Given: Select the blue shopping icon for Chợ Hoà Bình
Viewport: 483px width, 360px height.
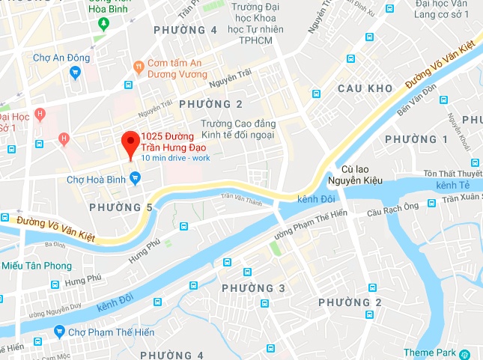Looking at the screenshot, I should (135, 178).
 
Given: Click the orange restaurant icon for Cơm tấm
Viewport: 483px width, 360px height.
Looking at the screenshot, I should (138, 67).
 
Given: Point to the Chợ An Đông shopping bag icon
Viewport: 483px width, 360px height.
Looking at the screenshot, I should (74, 73).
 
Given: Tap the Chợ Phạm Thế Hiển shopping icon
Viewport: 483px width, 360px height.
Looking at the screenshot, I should (59, 332).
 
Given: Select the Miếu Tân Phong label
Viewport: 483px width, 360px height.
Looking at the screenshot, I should (37, 266).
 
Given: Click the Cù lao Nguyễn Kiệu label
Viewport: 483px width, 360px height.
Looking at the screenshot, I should (362, 174).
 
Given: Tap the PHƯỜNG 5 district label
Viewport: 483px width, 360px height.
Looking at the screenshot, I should (121, 207).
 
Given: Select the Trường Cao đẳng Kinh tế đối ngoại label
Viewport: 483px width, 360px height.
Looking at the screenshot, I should (237, 129).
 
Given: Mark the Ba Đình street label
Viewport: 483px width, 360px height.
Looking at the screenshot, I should (55, 244).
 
